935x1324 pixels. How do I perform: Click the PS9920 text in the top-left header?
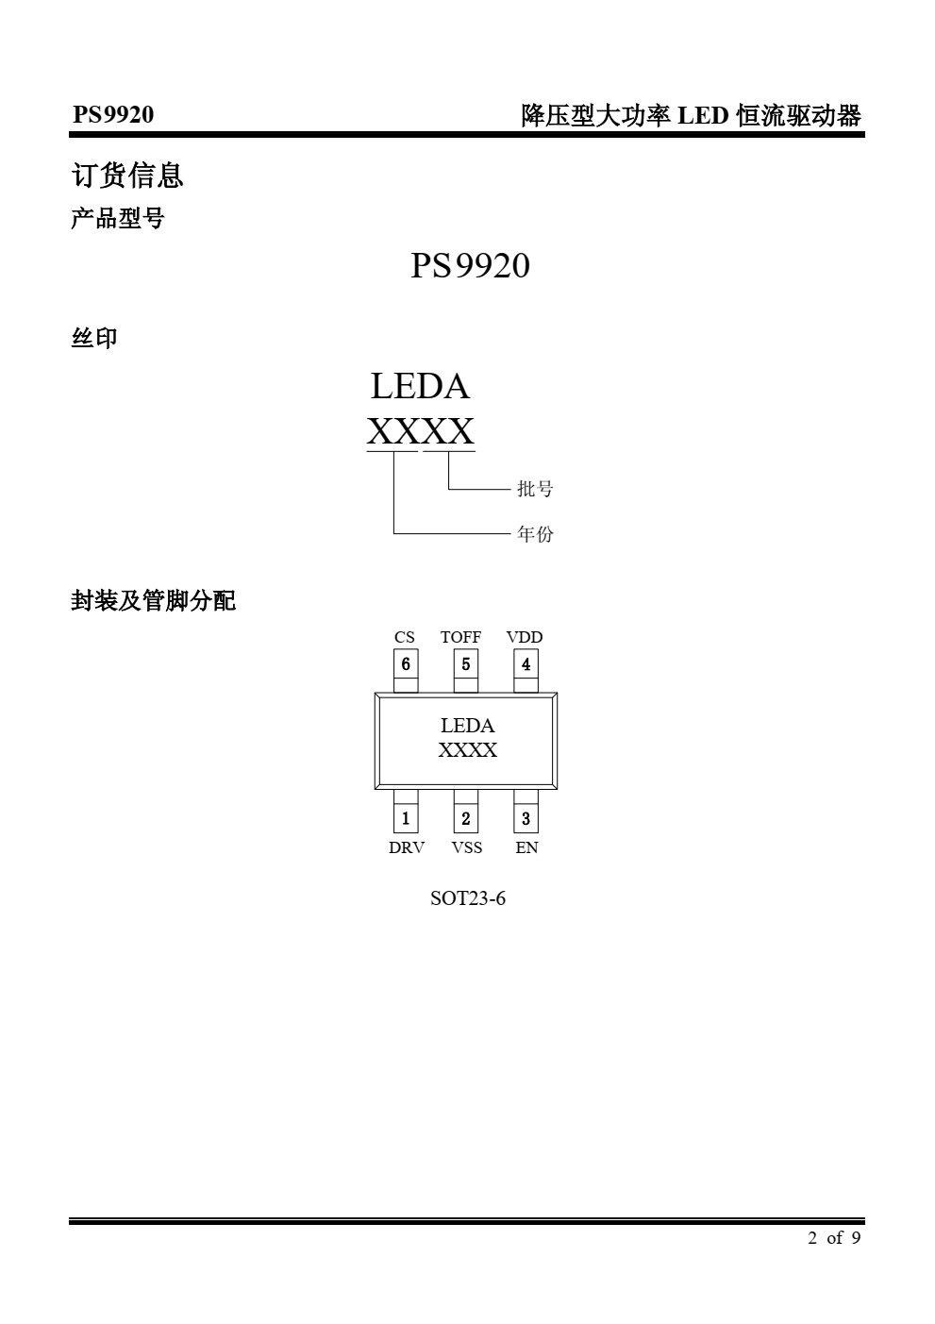coord(113,115)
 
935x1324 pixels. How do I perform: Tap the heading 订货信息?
coord(127,176)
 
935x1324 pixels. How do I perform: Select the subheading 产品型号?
coord(118,218)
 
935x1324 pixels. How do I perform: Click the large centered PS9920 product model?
coord(470,265)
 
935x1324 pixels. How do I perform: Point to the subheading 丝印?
coord(94,338)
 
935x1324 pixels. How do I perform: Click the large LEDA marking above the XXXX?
coord(420,387)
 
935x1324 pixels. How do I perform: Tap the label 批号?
coord(535,489)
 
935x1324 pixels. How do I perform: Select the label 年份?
coord(535,534)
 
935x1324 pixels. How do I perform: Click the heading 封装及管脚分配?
coord(153,601)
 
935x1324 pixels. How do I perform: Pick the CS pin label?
coord(404,637)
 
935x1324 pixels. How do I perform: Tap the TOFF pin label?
coord(460,637)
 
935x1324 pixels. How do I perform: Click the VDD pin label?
coord(525,637)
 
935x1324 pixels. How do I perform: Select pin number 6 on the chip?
coord(406,664)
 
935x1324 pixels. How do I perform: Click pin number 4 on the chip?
coord(526,664)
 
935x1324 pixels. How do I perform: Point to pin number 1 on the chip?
coord(406,818)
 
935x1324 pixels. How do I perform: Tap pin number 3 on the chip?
coord(526,818)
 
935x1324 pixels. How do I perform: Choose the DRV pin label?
coord(406,847)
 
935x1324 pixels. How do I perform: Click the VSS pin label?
coord(467,847)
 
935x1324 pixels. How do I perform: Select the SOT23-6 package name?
coord(468,898)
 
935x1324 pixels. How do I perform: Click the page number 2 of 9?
coord(834,1238)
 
